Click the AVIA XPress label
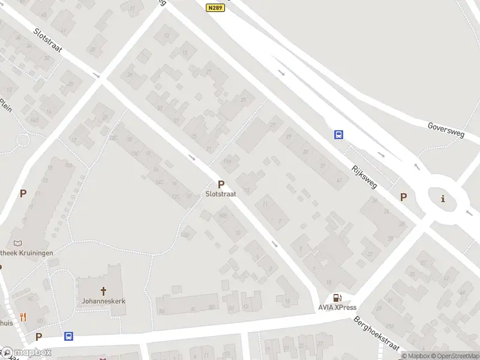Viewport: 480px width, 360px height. pyautogui.click(x=337, y=308)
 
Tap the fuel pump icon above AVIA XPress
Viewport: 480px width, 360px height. pyautogui.click(x=338, y=298)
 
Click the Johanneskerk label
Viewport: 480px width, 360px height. pyautogui.click(x=104, y=301)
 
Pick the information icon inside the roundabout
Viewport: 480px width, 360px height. pyautogui.click(x=443, y=199)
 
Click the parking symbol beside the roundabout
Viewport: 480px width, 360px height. pyautogui.click(x=404, y=197)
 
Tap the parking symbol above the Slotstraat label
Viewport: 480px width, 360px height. pyautogui.click(x=221, y=185)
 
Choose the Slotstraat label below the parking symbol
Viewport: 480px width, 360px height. pyautogui.click(x=221, y=194)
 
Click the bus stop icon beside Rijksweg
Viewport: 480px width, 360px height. pyautogui.click(x=339, y=134)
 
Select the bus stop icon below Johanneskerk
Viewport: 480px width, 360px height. pyautogui.click(x=69, y=337)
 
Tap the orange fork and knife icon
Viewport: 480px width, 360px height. pyautogui.click(x=23, y=317)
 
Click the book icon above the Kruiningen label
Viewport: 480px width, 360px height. pyautogui.click(x=17, y=243)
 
